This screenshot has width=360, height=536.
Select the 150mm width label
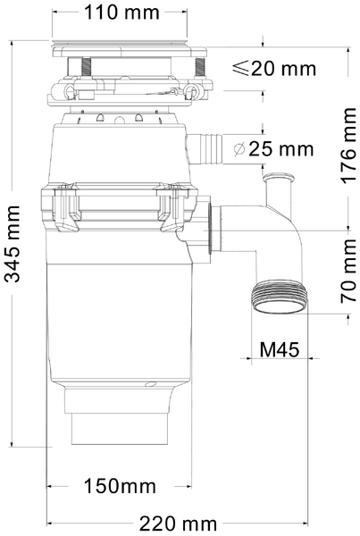pyautogui.click(x=120, y=486)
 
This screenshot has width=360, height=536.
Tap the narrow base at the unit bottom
pyautogui.click(x=120, y=431)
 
